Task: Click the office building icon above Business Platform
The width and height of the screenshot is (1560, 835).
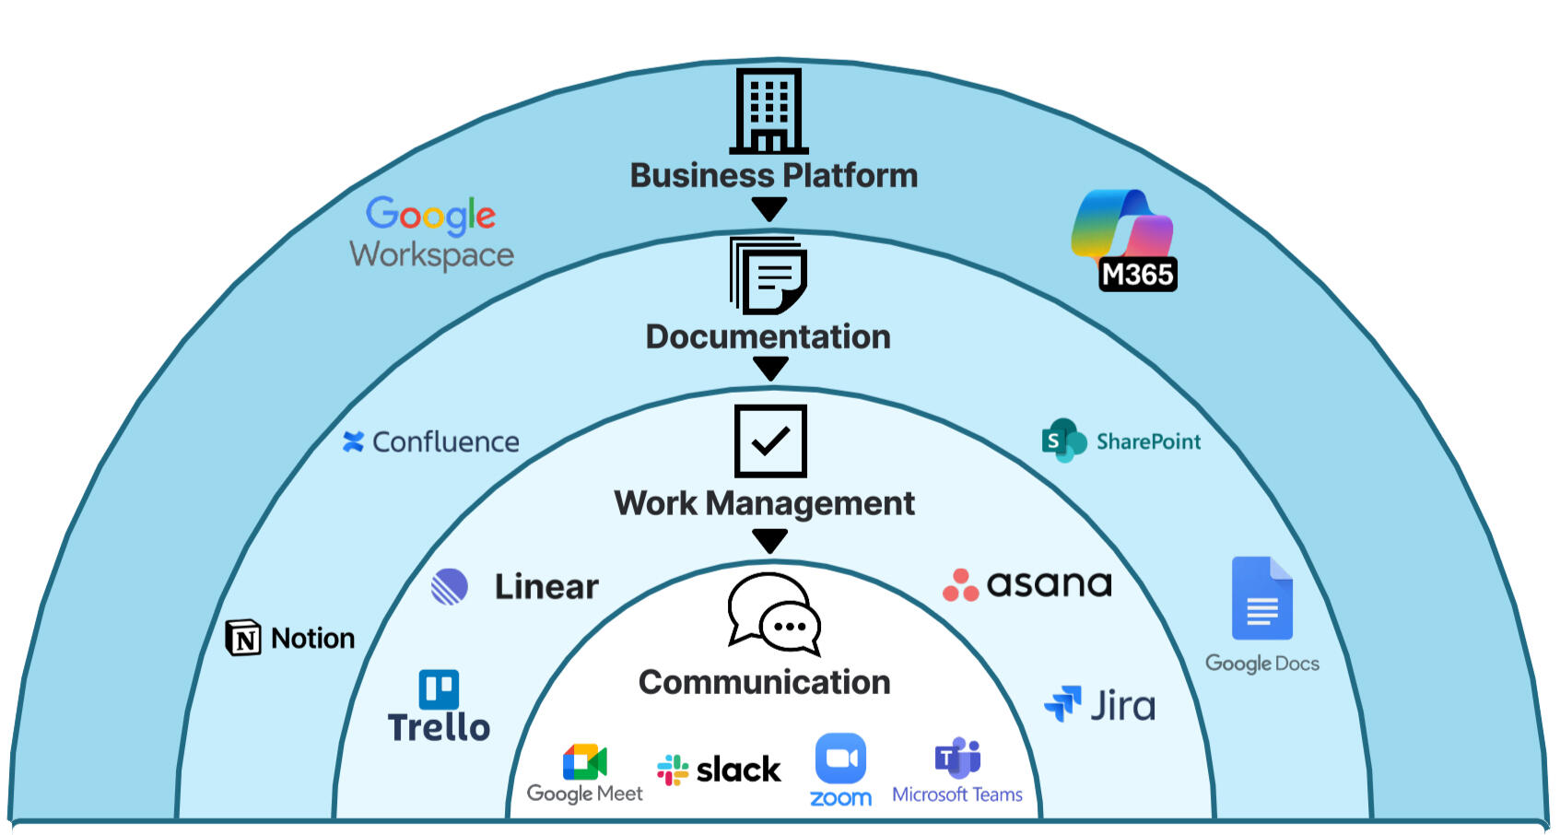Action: pos(768,111)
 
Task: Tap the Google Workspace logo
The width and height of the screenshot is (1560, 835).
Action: pos(431,232)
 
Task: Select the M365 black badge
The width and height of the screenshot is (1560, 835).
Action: pos(1138,274)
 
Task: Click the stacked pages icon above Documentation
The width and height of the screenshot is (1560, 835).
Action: pos(768,276)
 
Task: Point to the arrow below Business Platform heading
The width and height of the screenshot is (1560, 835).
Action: pos(769,209)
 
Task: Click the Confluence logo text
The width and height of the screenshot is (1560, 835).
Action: pos(445,442)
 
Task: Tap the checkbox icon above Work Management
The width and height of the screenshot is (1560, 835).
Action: pos(770,441)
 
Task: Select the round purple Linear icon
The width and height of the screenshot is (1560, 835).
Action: pos(450,586)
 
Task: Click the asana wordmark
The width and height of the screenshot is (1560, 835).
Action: pos(1049,584)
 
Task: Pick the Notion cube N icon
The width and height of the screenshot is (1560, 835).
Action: pos(243,638)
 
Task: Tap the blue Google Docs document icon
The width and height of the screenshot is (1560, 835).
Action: pos(1261,598)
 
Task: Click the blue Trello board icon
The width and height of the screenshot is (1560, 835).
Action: pos(439,689)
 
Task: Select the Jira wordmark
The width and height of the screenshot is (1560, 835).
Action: pos(1122,706)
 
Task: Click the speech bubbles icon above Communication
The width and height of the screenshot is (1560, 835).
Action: pos(773,613)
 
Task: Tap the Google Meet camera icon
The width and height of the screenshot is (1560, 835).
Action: pos(584,762)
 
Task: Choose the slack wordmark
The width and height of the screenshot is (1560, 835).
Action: pos(738,770)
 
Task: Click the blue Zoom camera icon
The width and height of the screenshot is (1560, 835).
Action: pos(840,758)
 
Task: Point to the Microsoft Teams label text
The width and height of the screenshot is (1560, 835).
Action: pos(956,794)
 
